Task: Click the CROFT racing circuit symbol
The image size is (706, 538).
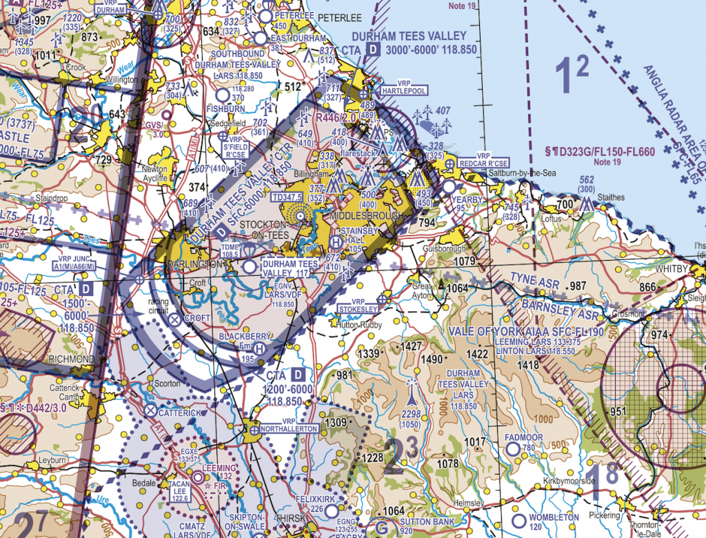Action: tap(174, 319)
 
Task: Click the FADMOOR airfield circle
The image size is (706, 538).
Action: tap(512, 449)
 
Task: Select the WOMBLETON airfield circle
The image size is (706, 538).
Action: tap(519, 518)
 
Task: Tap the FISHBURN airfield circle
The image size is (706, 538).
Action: tap(222, 94)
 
